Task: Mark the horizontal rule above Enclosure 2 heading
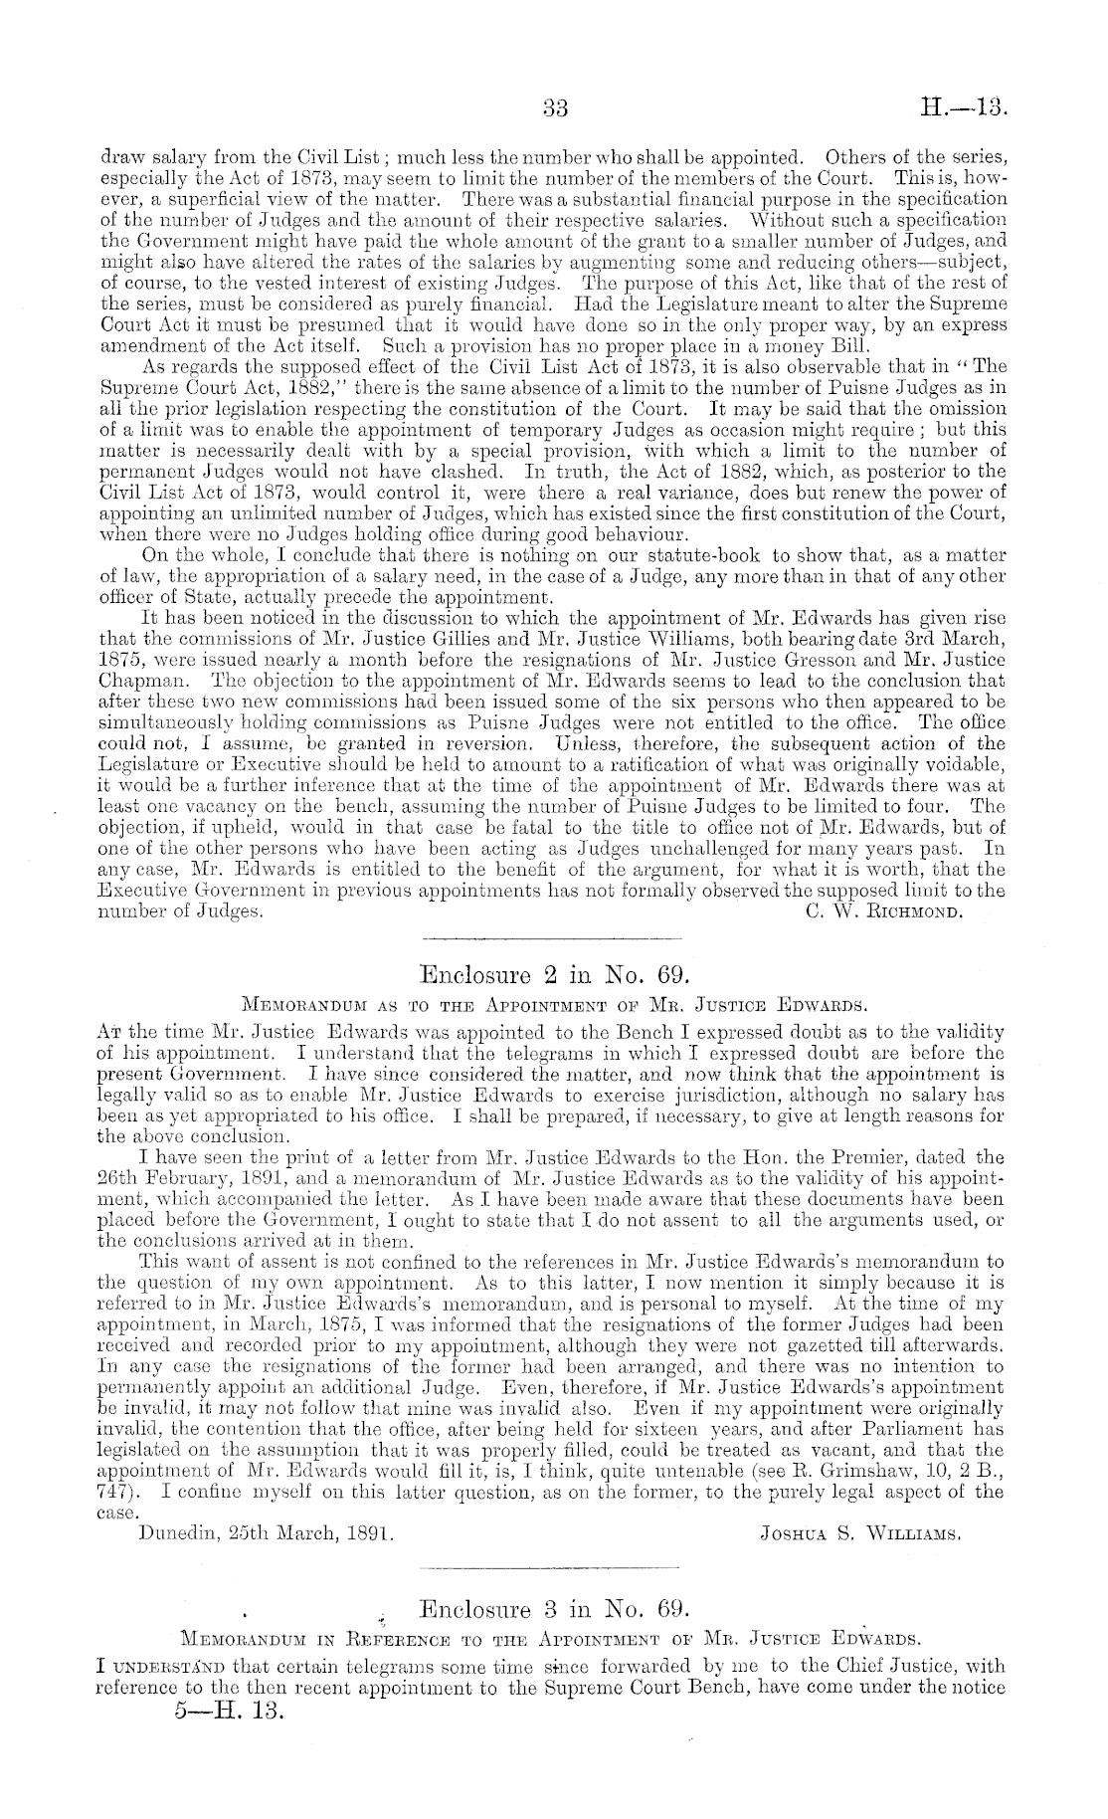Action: [553, 938]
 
